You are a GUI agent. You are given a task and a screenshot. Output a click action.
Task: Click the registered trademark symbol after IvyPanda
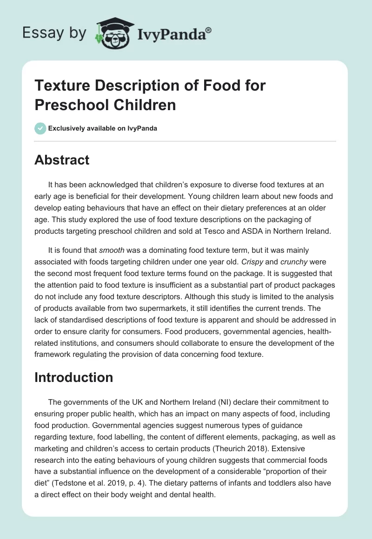point(208,30)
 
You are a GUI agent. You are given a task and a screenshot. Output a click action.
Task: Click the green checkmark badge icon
point(40,128)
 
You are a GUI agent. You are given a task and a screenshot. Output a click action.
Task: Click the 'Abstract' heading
point(62,160)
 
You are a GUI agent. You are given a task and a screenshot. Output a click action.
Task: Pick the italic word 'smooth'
point(112,250)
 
